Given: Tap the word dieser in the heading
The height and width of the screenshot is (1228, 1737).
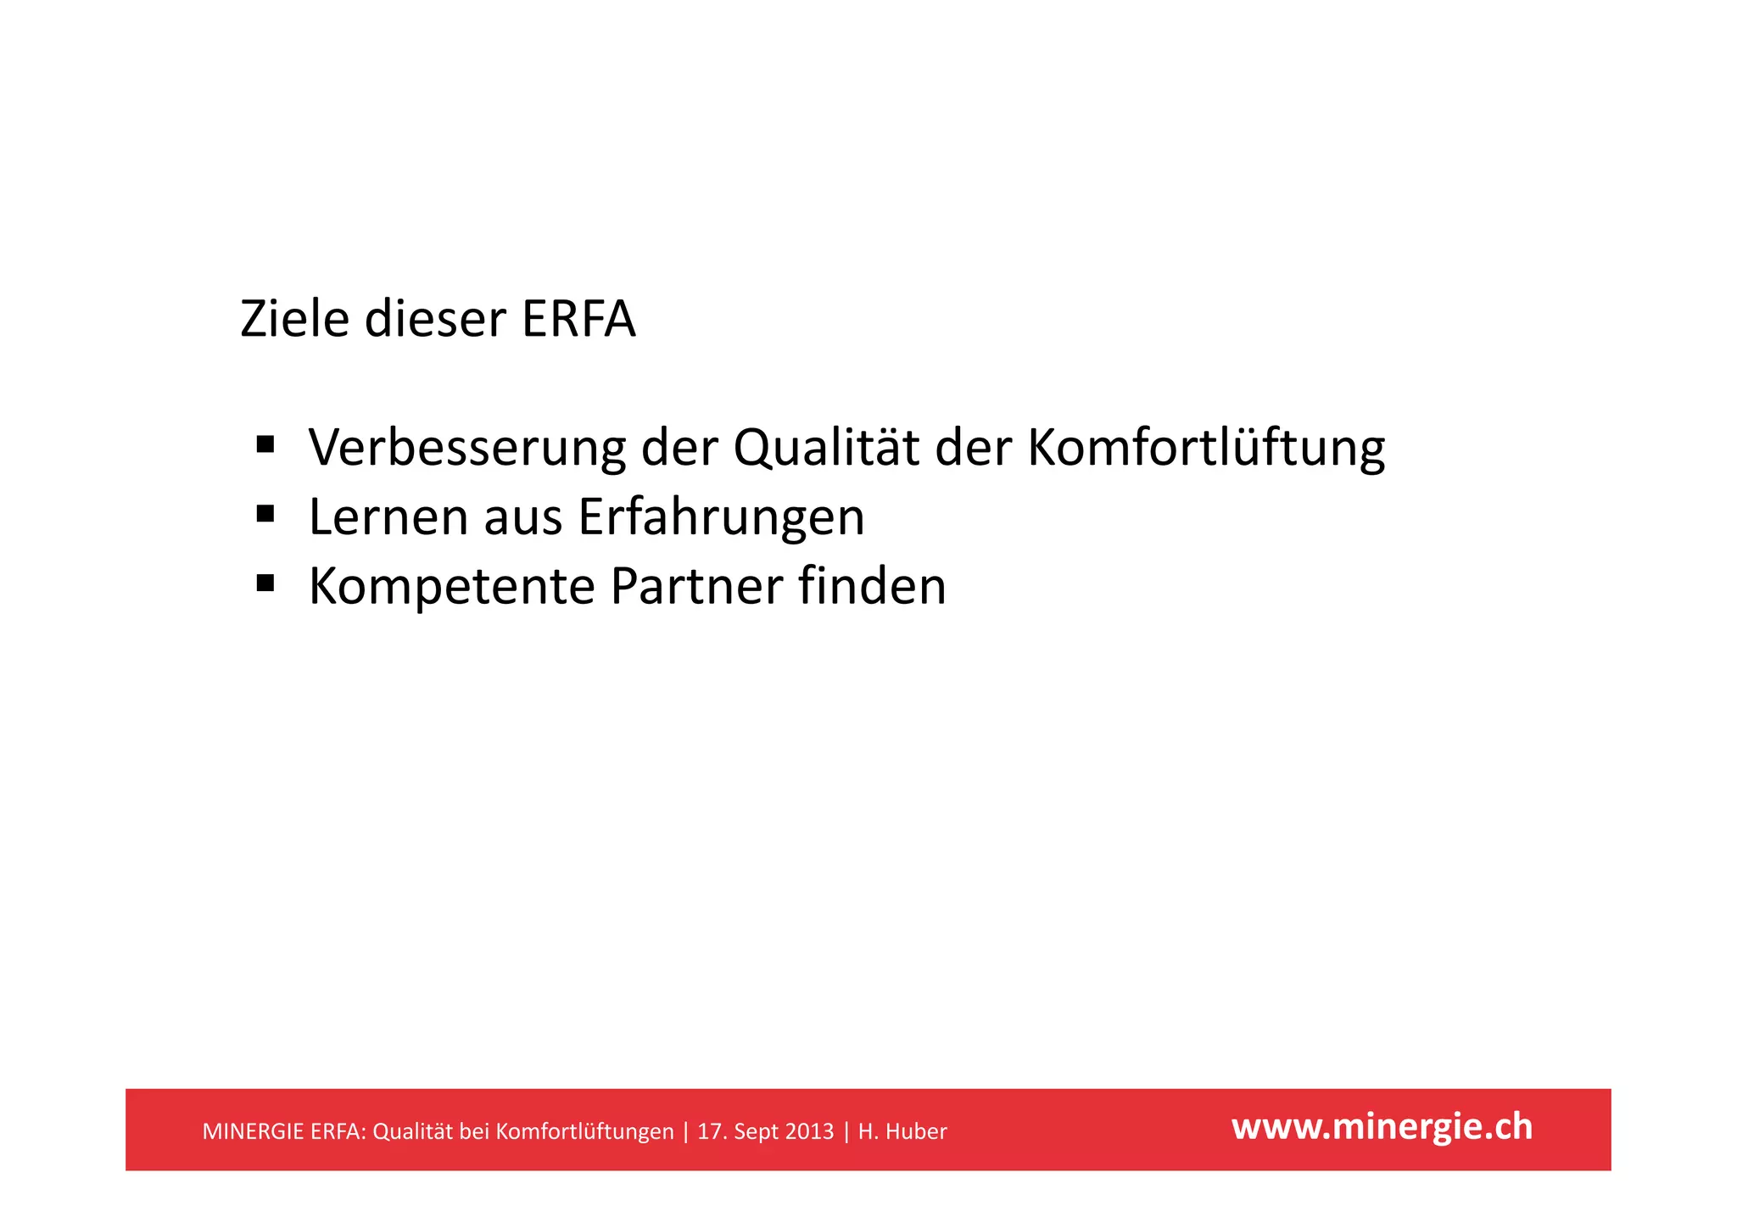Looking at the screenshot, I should (435, 320).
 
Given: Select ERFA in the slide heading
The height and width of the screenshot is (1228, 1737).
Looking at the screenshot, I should (578, 320).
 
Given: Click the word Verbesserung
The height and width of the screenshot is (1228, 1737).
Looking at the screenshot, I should (467, 447).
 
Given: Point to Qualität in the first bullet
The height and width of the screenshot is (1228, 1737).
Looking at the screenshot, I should (826, 447).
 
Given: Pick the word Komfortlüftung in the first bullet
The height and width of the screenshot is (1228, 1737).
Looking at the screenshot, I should (1206, 447).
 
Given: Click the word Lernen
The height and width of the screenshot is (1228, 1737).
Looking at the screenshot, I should (388, 516).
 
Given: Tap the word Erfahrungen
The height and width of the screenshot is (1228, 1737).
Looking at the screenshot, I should (721, 516).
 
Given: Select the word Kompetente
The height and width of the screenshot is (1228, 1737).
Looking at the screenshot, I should (452, 586).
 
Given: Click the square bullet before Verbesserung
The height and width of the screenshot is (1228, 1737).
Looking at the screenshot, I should (265, 444).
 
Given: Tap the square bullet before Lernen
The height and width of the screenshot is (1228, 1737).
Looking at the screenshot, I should (265, 513).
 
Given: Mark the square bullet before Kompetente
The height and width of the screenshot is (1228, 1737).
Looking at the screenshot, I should (265, 583).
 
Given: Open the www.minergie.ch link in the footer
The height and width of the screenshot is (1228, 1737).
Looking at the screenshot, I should (1382, 1127).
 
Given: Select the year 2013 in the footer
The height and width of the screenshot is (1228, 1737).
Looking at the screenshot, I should (808, 1131).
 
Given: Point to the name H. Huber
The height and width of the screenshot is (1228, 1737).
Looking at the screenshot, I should (902, 1131).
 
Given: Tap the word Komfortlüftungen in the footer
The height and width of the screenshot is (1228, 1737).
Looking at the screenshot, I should (584, 1131).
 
